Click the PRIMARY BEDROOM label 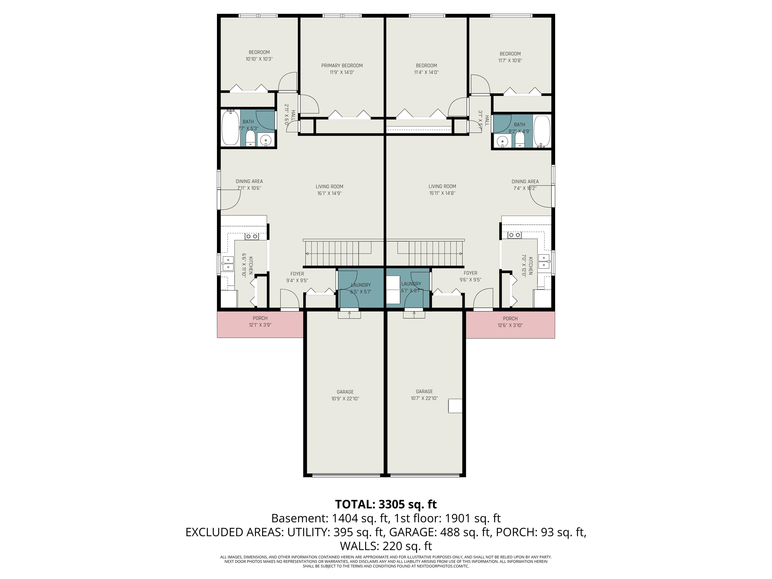[x=342, y=66]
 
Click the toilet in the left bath [x=250, y=139]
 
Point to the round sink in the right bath [x=503, y=141]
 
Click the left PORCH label [x=260, y=318]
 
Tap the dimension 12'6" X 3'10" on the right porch [x=510, y=325]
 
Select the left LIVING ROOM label [x=329, y=187]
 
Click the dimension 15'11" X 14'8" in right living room [x=442, y=193]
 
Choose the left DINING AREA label [x=249, y=181]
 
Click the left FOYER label [x=297, y=274]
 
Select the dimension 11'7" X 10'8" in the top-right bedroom [x=510, y=60]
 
